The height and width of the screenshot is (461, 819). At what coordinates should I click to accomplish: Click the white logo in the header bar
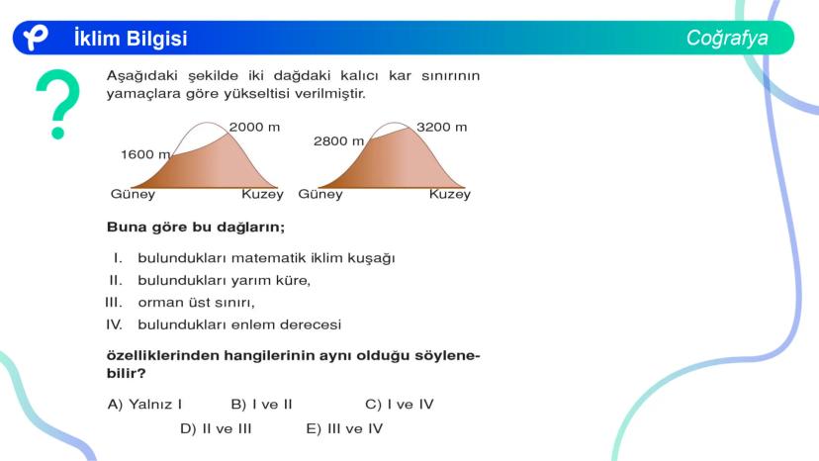coord(35,38)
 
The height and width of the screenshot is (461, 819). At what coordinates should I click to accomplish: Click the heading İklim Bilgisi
coord(131,39)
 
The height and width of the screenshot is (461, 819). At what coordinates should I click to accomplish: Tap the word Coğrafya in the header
coord(727,38)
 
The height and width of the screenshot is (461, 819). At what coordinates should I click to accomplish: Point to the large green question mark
coord(58,104)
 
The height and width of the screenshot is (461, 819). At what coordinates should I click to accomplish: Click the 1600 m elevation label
coord(145,154)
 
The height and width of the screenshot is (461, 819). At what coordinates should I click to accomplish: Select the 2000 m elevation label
coord(254,127)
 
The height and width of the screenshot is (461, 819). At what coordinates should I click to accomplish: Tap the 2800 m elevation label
coord(338,141)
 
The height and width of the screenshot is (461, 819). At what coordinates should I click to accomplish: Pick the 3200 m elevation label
coord(441,127)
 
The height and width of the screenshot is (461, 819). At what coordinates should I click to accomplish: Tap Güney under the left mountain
coord(133,194)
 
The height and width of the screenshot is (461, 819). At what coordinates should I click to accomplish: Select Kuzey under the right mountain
coord(450,194)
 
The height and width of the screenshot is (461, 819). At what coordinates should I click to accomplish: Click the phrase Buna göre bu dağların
coord(196,228)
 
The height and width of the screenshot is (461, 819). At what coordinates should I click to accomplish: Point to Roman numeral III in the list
coord(114,303)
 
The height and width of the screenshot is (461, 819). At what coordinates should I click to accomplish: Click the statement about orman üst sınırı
coord(197,303)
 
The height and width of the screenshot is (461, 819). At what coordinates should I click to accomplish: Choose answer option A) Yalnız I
coord(144,404)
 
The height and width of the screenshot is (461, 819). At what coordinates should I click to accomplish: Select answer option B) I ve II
coord(261,404)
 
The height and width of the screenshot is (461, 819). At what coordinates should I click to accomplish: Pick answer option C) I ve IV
coord(399,404)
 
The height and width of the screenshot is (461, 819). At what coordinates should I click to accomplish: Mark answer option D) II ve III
coord(216,428)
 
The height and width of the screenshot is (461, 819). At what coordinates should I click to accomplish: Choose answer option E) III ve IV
coord(344,428)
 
